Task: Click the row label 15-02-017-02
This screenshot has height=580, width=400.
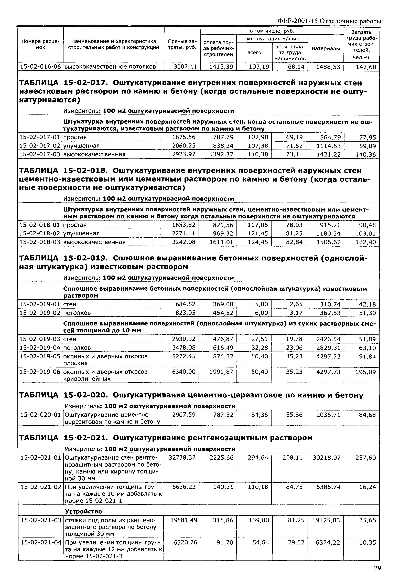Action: pyautogui.click(x=40, y=146)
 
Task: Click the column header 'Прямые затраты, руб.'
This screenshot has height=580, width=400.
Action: pyautogui.click(x=182, y=44)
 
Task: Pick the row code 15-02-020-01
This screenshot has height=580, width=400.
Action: pyautogui.click(x=41, y=415)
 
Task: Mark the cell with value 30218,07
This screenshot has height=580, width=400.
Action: pyautogui.click(x=327, y=458)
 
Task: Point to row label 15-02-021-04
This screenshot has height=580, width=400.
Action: pyautogui.click(x=41, y=543)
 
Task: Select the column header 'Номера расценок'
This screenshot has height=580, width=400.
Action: pyautogui.click(x=40, y=44)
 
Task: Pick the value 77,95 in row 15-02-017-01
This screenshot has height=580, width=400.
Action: pyautogui.click(x=368, y=137)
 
